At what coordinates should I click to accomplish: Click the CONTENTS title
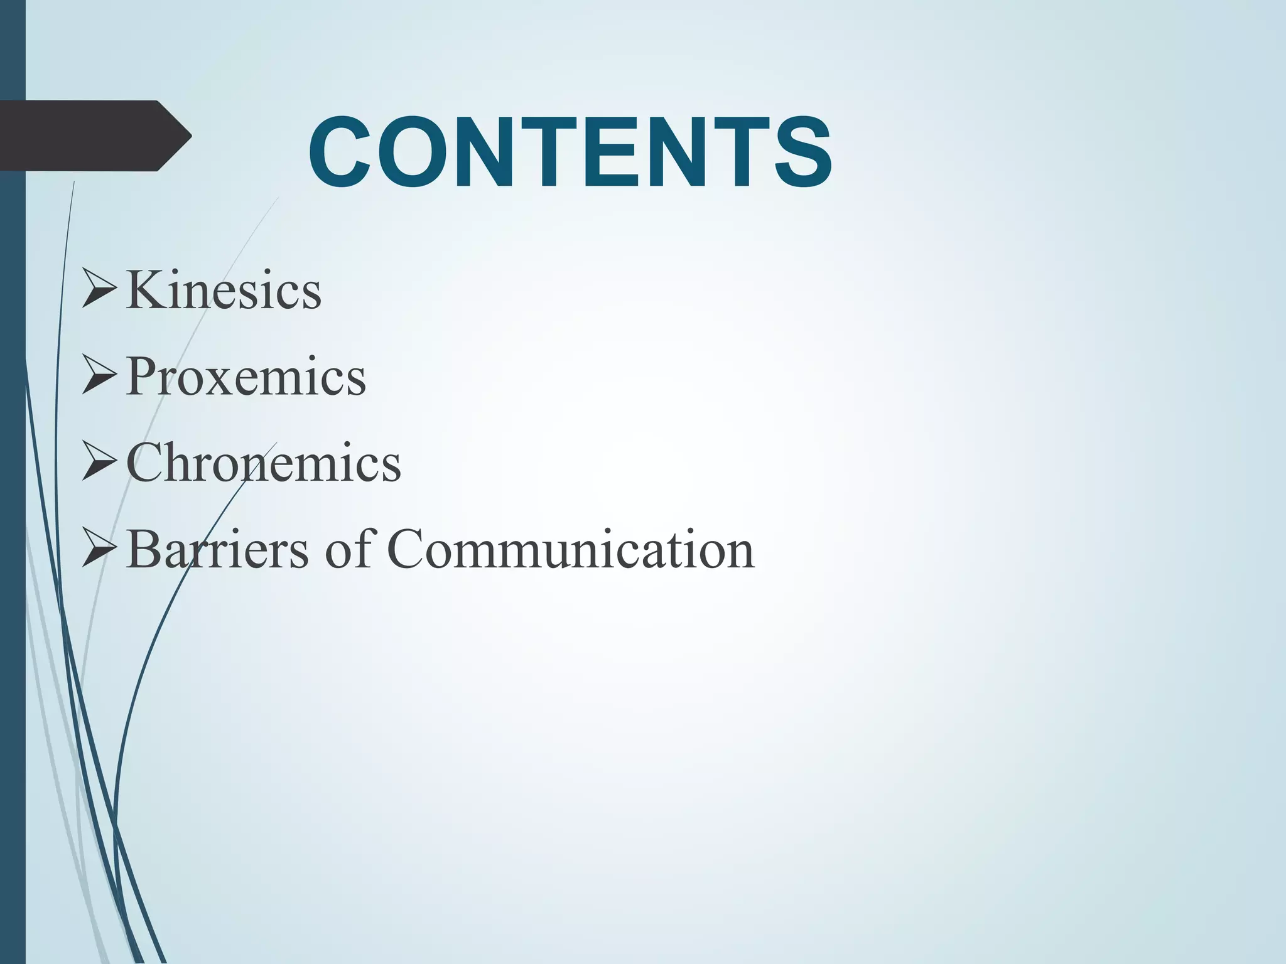[570, 153]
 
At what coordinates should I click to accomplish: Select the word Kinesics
[224, 291]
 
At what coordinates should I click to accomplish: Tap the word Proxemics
[246, 377]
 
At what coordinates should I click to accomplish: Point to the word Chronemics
[263, 463]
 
